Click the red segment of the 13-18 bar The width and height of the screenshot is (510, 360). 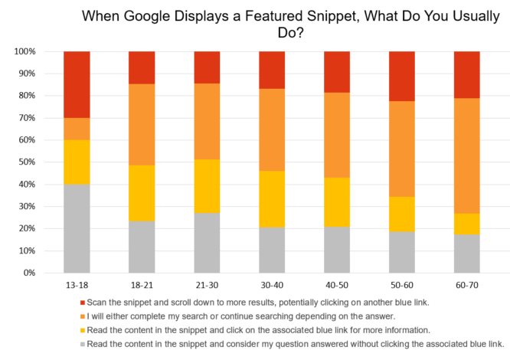click(77, 84)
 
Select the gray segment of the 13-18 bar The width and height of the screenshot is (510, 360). click(77, 228)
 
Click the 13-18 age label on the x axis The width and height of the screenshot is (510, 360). click(77, 284)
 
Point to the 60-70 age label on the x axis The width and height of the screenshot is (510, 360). click(467, 284)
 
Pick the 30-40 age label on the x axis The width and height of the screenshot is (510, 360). click(273, 284)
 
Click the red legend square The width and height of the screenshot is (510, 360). click(82, 303)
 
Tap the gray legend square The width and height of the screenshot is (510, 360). click(82, 345)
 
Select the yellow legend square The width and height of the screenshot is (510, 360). click(82, 331)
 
